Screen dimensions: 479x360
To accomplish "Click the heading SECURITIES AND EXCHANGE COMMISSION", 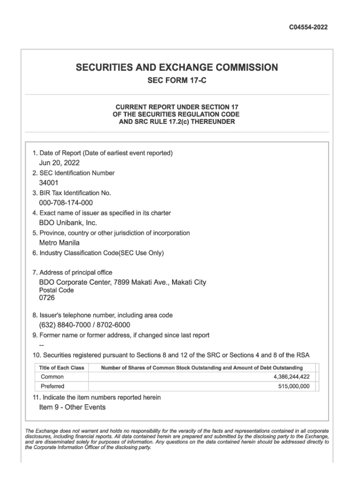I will click(177, 68).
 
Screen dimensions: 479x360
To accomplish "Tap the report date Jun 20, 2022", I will click(59, 163).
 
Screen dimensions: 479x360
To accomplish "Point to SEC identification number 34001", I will click(49, 183).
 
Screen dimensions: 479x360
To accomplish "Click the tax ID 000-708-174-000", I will click(66, 203).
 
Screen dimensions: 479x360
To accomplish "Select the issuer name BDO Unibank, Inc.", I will click(68, 223).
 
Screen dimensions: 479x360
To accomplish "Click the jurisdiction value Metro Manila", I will click(59, 243).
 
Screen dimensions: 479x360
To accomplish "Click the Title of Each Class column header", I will click(62, 368).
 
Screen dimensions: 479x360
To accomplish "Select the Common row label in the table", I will click(52, 377).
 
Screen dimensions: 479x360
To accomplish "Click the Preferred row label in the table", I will click(53, 386).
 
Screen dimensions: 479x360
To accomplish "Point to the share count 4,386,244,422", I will click(291, 377).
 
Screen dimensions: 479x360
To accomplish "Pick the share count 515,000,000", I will click(294, 386).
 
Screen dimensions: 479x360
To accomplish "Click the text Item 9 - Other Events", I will click(72, 407).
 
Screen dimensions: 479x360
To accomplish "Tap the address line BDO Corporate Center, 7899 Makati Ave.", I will click(122, 282).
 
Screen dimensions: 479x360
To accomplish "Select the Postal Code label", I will click(56, 290).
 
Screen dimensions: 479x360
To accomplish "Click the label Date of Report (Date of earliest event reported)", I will click(102, 153).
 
